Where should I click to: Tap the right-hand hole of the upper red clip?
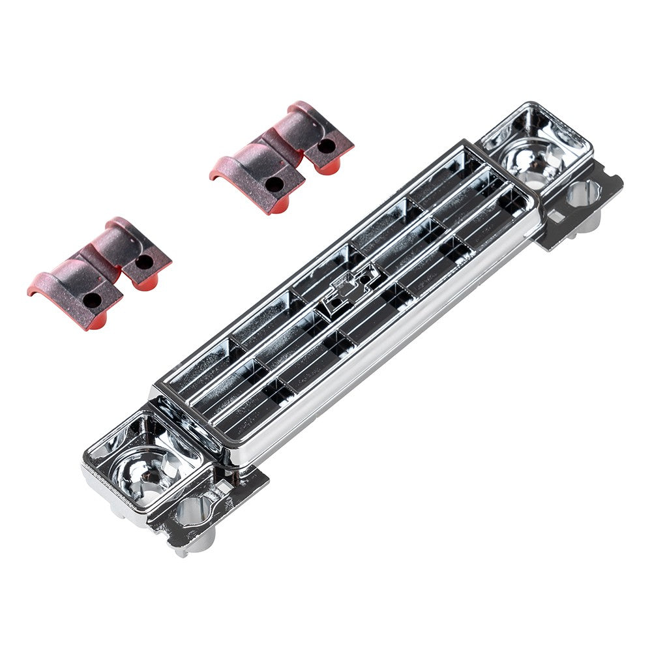point(326,145)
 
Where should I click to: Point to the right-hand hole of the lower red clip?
point(144,261)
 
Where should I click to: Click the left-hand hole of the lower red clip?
point(92,300)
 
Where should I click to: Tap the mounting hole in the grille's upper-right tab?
point(582,193)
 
